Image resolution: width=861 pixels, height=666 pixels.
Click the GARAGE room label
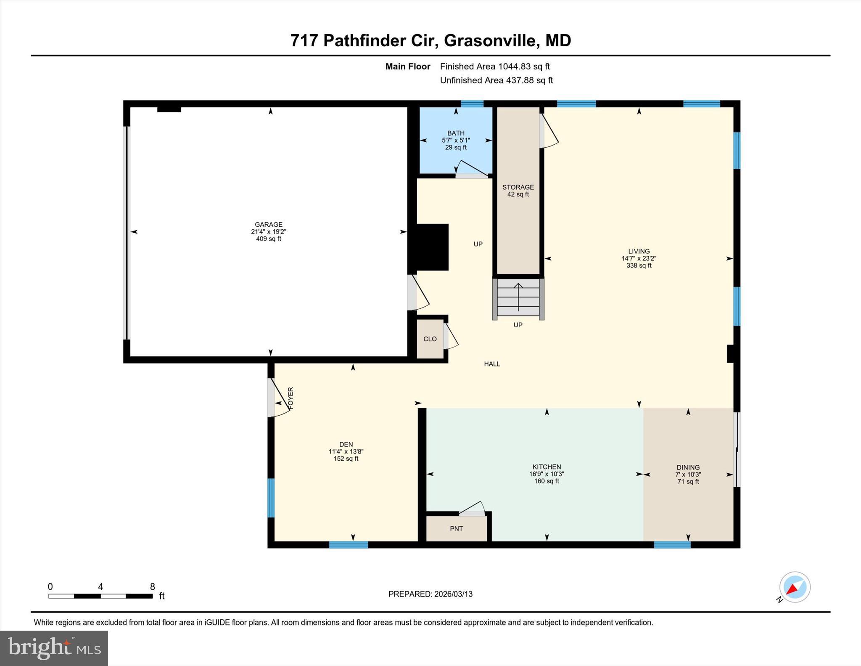(x=268, y=225)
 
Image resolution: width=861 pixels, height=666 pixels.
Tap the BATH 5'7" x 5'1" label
(x=456, y=140)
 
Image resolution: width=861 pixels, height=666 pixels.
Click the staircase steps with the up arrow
(x=518, y=297)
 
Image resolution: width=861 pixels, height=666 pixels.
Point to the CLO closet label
(x=430, y=339)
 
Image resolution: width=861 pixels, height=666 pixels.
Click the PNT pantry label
(x=456, y=529)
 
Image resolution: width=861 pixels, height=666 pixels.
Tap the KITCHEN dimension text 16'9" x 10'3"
(x=547, y=474)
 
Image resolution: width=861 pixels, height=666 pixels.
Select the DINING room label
(x=688, y=467)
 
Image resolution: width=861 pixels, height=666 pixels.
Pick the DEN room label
(x=346, y=444)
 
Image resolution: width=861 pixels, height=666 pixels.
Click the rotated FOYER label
(x=291, y=398)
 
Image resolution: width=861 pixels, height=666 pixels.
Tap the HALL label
(x=492, y=364)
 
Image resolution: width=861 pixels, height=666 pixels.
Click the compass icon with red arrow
(x=794, y=587)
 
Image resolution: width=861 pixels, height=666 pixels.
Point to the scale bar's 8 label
(x=152, y=586)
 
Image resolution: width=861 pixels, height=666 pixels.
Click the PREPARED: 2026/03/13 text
(x=430, y=594)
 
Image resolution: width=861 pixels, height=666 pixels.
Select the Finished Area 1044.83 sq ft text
(x=494, y=66)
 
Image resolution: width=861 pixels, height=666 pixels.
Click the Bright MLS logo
(x=54, y=648)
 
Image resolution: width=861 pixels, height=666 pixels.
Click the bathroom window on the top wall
(x=472, y=104)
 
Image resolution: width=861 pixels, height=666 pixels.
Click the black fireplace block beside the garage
(x=432, y=247)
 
